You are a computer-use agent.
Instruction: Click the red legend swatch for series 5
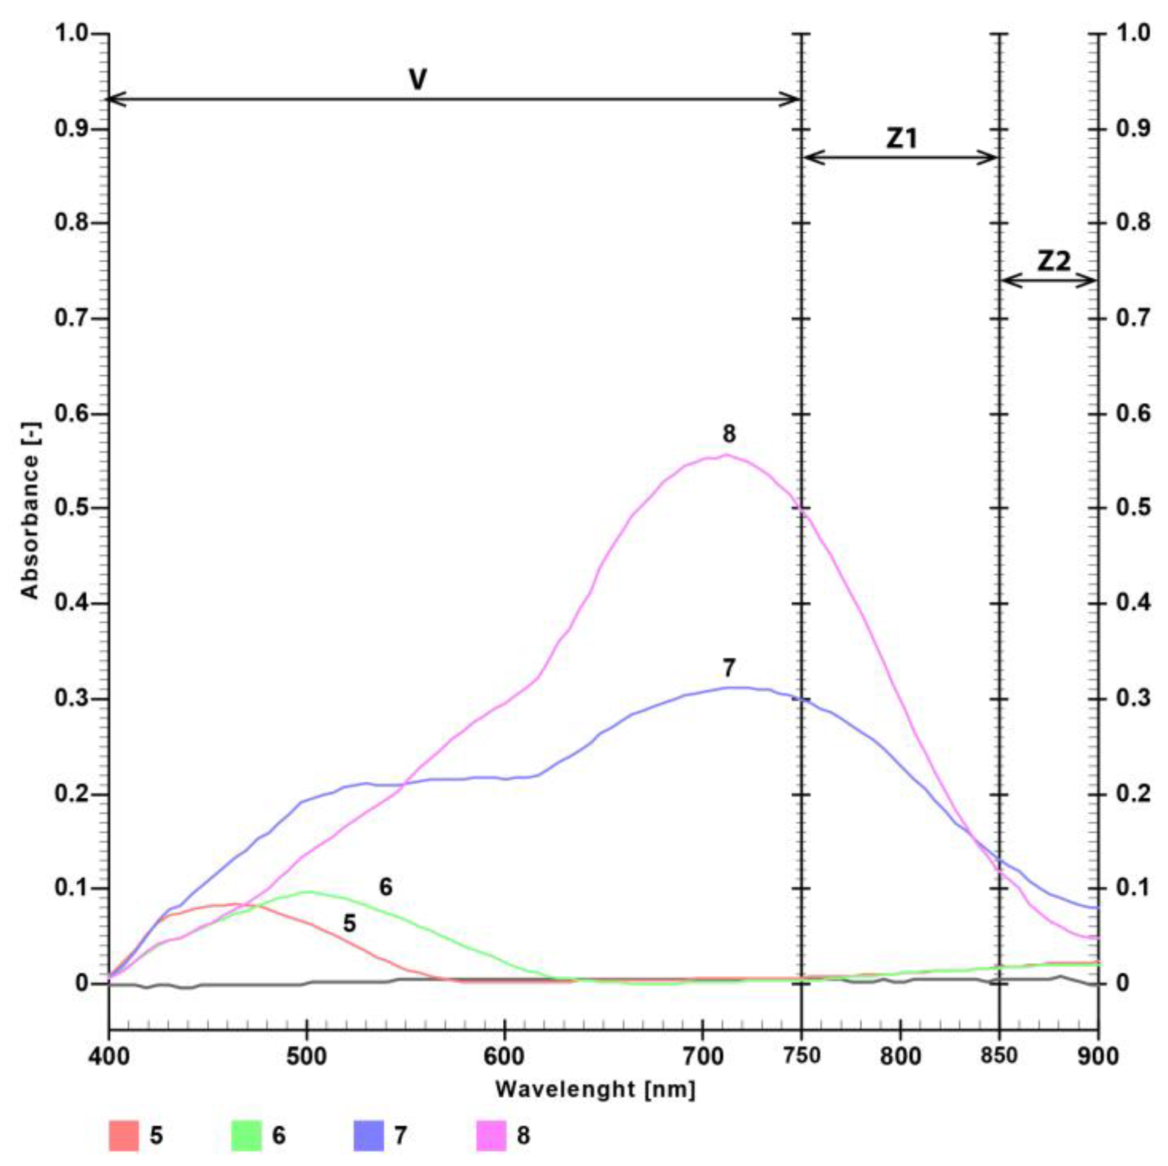[124, 1136]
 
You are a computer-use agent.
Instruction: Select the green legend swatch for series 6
[246, 1136]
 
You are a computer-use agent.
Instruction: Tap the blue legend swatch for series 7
[369, 1136]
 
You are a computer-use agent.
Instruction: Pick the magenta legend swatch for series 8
[491, 1136]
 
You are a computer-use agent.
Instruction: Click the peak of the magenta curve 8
[727, 455]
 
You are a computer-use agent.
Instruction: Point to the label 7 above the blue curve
[729, 668]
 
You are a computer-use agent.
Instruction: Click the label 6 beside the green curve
[386, 887]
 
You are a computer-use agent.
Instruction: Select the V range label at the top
[418, 81]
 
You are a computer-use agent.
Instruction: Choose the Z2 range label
[1055, 261]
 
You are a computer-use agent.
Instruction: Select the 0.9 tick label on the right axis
[1134, 129]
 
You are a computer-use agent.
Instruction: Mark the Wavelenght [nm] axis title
[596, 1090]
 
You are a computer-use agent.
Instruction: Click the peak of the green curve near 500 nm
[307, 891]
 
